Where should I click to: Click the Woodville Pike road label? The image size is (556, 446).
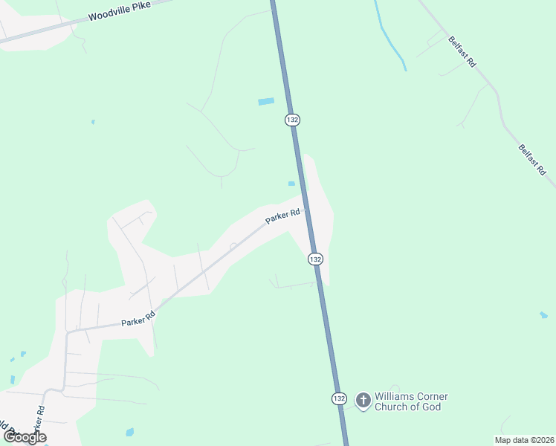coord(118,15)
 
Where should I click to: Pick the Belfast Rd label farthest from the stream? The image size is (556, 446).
coord(531,160)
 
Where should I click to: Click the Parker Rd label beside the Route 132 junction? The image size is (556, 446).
coord(283,217)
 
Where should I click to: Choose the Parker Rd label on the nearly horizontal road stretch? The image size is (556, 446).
coord(138,319)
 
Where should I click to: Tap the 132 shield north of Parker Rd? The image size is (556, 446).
coord(292,120)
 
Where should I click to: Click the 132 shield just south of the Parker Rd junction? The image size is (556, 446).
coord(316,259)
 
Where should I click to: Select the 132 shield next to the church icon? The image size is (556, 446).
coord(339,398)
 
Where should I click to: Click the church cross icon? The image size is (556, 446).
coord(363,401)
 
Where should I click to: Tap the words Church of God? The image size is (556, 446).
coord(407,407)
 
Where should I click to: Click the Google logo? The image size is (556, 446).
coord(25,437)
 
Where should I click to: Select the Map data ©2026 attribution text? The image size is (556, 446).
coord(524,440)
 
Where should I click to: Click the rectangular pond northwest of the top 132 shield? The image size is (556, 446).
coord(266,101)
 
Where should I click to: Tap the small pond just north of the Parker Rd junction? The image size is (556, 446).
coord(291,184)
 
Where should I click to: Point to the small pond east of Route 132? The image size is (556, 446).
coord(543,315)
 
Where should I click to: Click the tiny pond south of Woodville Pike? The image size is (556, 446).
coord(92,121)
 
